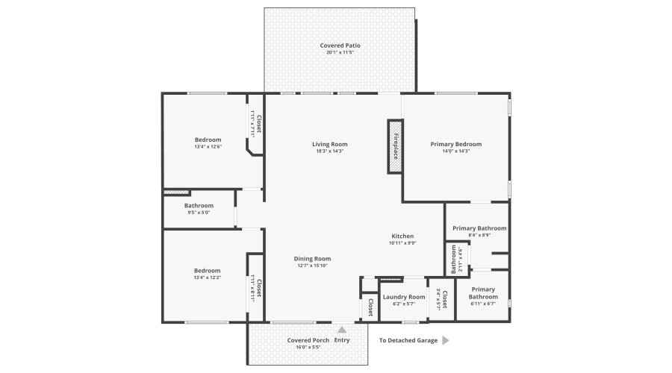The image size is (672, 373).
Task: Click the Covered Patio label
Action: pyautogui.click(x=340, y=46)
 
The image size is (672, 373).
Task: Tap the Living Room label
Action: pyautogui.click(x=329, y=144)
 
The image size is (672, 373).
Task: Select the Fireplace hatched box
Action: pyautogui.click(x=395, y=146)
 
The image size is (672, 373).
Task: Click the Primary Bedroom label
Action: pyautogui.click(x=455, y=144)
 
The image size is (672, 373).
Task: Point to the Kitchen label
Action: pyautogui.click(x=402, y=236)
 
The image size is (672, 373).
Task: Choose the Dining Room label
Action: pyautogui.click(x=311, y=258)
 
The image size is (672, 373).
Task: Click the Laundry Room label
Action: pyautogui.click(x=403, y=297)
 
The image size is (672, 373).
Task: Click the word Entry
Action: pyautogui.click(x=342, y=340)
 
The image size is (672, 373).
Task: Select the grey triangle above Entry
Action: pyautogui.click(x=342, y=329)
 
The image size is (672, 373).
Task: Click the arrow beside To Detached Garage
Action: pyautogui.click(x=445, y=340)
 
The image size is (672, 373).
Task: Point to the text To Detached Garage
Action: pyautogui.click(x=407, y=340)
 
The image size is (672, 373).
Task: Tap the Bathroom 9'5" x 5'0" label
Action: pyautogui.click(x=199, y=206)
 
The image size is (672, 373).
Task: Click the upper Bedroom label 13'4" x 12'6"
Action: pyautogui.click(x=208, y=140)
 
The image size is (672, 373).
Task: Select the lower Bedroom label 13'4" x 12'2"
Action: pyautogui.click(x=208, y=270)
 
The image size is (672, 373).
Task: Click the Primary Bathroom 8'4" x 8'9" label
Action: pyautogui.click(x=479, y=228)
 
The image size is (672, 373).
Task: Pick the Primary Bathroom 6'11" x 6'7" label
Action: pyautogui.click(x=483, y=293)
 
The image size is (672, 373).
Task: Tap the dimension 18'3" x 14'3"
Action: pyautogui.click(x=329, y=151)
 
